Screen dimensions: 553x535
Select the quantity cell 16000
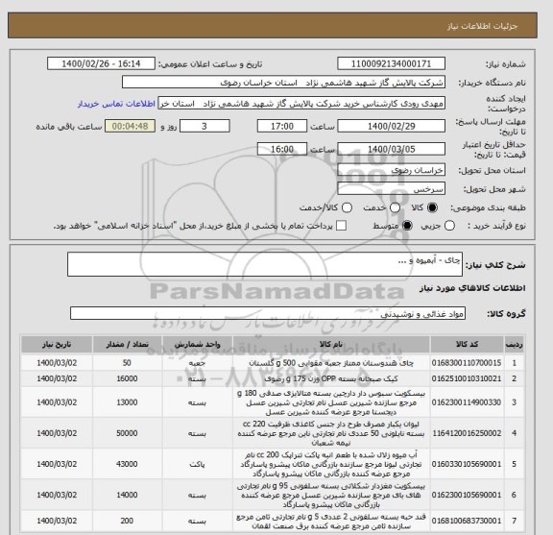point(128,380)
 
